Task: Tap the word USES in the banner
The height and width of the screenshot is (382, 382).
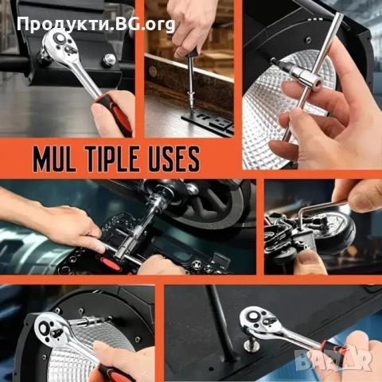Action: tap(173, 159)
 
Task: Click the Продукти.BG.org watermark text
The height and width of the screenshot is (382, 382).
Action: tap(96, 25)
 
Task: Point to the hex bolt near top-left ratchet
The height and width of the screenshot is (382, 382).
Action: tap(110, 59)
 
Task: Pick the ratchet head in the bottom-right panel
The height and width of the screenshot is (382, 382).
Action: tap(259, 320)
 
